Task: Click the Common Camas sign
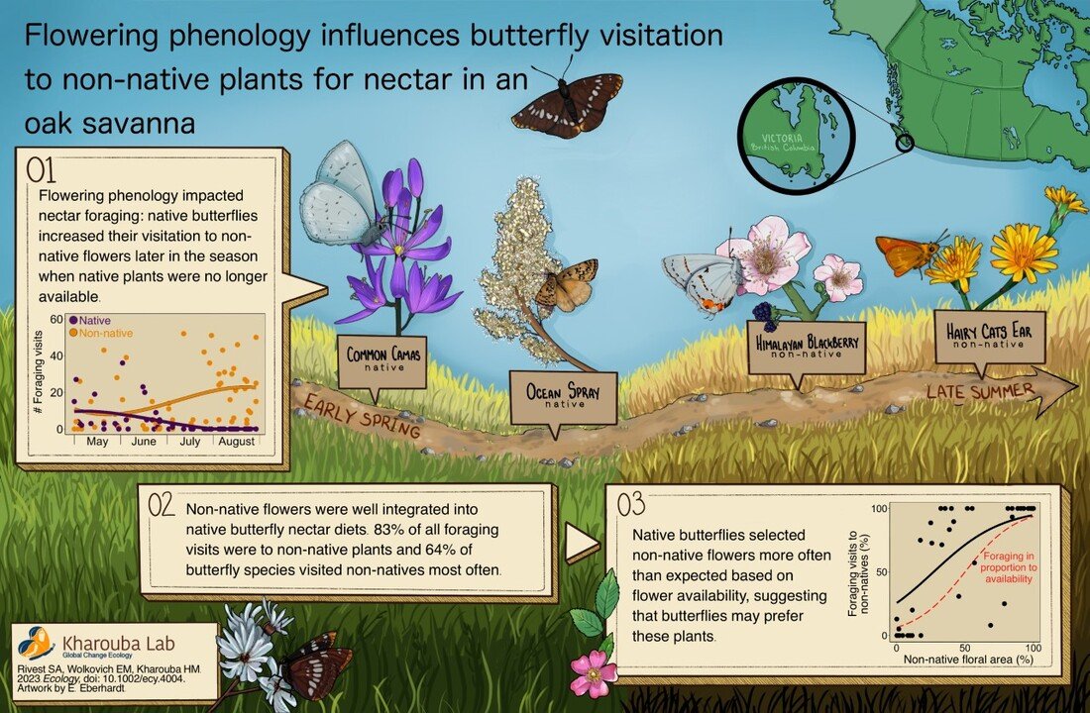pyautogui.click(x=381, y=360)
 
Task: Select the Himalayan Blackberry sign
pyautogui.click(x=805, y=348)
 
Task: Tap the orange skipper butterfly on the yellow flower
pyautogui.click(x=906, y=255)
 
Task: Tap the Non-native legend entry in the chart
pyautogui.click(x=101, y=334)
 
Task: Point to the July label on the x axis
pyautogui.click(x=192, y=440)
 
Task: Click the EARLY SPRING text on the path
pyautogui.click(x=362, y=416)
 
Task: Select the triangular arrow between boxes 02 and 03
pyautogui.click(x=582, y=543)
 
